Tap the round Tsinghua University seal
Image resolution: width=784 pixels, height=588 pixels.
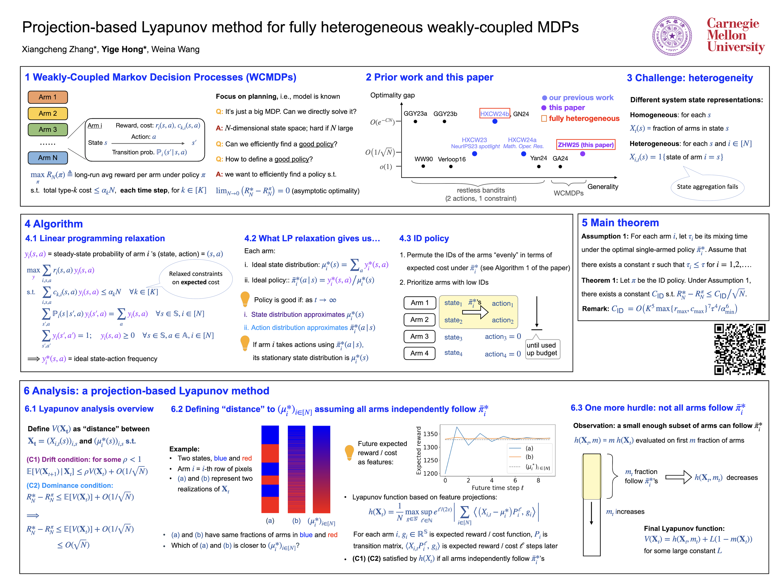click(672, 36)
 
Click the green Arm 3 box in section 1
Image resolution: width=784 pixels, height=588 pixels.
click(48, 129)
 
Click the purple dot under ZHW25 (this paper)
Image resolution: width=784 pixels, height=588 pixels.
click(582, 154)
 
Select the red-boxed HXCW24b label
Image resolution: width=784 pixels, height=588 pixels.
click(494, 114)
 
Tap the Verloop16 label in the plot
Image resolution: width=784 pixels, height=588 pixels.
click(452, 159)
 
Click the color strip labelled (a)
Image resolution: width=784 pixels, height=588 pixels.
click(270, 469)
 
